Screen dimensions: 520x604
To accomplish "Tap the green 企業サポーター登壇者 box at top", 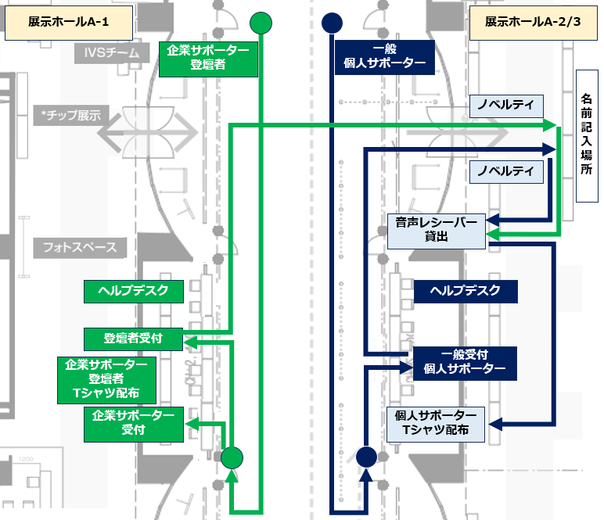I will tap(208, 58).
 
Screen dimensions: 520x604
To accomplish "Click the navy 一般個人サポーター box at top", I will tap(384, 58).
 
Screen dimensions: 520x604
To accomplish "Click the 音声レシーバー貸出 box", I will tap(437, 230).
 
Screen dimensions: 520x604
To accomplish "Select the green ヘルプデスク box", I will tap(133, 292).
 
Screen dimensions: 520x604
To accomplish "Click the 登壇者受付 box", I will tap(133, 339).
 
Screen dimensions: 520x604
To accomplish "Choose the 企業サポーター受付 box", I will tap(133, 422).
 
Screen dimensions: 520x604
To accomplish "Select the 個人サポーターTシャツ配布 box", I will tap(437, 422).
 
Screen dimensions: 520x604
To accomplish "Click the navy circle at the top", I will tap(332, 23).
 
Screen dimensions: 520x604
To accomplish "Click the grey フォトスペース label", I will tap(80, 248).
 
